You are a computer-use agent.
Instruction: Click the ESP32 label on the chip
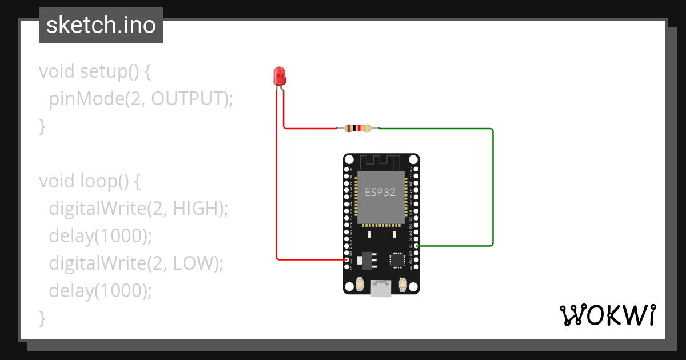pyautogui.click(x=381, y=192)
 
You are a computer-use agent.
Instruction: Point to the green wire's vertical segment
pyautogui.click(x=493, y=189)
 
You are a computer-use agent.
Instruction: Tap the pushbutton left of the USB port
pyautogui.click(x=360, y=283)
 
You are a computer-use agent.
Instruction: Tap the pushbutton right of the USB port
pyautogui.click(x=402, y=283)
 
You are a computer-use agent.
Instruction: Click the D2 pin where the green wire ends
pyautogui.click(x=417, y=246)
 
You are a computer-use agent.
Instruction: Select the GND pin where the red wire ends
pyautogui.click(x=346, y=259)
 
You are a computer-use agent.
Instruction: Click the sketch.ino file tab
pyautogui.click(x=101, y=25)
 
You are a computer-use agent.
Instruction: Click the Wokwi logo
pyautogui.click(x=607, y=315)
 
